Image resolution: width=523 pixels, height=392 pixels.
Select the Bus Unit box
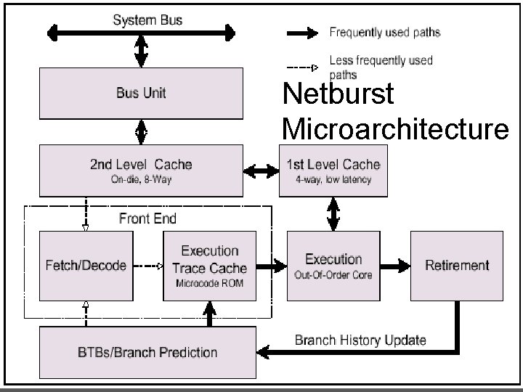pos(142,93)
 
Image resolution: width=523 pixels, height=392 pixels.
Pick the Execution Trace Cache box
pos(209,265)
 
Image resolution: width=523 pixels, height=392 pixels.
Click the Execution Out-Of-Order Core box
pos(333,265)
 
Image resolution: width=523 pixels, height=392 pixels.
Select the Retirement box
pos(457,265)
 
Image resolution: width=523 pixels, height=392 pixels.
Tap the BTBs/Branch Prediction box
pos(147,352)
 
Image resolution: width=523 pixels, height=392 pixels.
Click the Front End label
pos(147,218)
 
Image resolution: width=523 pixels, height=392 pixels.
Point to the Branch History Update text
pos(360,340)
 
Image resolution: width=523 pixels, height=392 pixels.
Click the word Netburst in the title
pos(338,94)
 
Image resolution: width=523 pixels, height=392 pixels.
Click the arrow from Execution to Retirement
pos(394,265)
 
